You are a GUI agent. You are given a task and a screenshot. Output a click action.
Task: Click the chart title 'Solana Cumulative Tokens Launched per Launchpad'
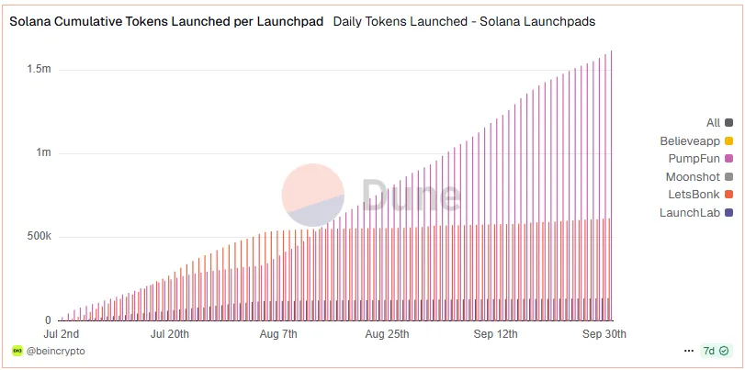[x=166, y=21]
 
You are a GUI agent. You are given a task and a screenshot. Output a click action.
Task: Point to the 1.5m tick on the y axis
[x=39, y=70]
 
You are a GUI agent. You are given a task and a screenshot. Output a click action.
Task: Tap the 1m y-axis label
[x=43, y=153]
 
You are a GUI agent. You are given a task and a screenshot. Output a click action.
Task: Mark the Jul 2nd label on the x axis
[x=62, y=333]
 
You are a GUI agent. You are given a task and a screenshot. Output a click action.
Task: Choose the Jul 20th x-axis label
[x=169, y=333]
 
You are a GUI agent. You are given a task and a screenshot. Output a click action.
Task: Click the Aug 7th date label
[x=278, y=333]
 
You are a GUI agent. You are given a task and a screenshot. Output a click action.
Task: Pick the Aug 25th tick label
[x=387, y=333]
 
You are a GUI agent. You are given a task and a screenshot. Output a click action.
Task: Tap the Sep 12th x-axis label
[x=496, y=333]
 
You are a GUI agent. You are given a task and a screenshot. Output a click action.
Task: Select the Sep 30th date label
[x=604, y=333]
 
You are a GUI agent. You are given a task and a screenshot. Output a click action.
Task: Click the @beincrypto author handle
[x=56, y=352]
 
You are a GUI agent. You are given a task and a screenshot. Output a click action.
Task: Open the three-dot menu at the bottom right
[x=689, y=352]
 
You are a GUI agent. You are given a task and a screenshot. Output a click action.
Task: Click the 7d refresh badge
[x=716, y=352]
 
